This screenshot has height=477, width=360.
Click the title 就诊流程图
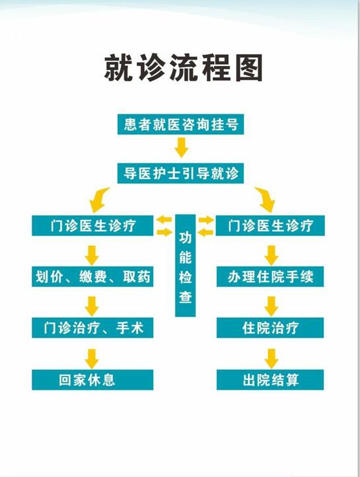(184, 68)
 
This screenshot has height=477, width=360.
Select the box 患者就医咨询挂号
(180, 124)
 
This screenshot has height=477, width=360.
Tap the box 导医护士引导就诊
(180, 173)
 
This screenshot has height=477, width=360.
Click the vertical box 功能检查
(185, 266)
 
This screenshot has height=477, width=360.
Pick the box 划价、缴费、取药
(92, 277)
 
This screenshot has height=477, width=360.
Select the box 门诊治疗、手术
(92, 328)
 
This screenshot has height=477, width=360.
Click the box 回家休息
(92, 380)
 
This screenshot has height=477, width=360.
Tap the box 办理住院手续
(270, 277)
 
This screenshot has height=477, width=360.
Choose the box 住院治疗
(270, 328)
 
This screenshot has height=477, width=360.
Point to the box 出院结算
(270, 380)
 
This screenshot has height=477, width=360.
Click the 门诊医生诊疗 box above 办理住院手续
(270, 225)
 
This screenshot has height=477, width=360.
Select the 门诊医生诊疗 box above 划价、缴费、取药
(92, 225)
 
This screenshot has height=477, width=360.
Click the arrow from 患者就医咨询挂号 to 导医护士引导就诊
(182, 147)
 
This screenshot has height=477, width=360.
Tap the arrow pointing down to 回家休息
(92, 359)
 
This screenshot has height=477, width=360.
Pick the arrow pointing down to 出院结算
(271, 359)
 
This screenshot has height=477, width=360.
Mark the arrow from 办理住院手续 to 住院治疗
(271, 307)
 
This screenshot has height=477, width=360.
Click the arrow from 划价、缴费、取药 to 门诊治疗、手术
(92, 307)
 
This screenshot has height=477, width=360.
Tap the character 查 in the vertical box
(185, 297)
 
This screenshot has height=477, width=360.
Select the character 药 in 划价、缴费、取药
(144, 277)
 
